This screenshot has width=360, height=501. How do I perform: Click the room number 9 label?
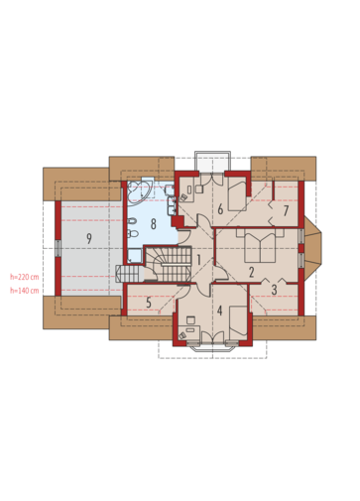click(x=89, y=238)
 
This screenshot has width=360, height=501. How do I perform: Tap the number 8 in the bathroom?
click(x=153, y=224)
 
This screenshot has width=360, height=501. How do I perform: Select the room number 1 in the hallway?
click(x=198, y=260)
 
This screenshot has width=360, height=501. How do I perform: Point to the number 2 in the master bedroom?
click(x=251, y=272)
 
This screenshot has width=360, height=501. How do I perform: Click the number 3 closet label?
click(x=274, y=290)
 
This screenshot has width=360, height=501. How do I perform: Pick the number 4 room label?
click(x=219, y=311)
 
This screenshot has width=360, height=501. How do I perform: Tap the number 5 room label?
click(x=149, y=303)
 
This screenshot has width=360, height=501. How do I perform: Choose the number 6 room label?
click(x=220, y=209)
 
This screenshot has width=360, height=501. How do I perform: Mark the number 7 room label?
click(x=287, y=211)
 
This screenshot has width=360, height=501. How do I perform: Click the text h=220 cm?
click(x=24, y=277)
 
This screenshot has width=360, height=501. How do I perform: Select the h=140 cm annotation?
click(x=24, y=291)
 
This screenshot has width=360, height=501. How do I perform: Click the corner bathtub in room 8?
click(x=140, y=190)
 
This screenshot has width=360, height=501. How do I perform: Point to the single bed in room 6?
click(x=237, y=196)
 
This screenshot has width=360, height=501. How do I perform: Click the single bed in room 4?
click(x=238, y=322)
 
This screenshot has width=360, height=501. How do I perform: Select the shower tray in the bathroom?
click(x=135, y=256)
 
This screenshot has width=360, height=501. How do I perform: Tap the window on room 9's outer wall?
click(x=58, y=248)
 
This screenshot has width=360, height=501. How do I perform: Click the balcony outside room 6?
click(x=212, y=163)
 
